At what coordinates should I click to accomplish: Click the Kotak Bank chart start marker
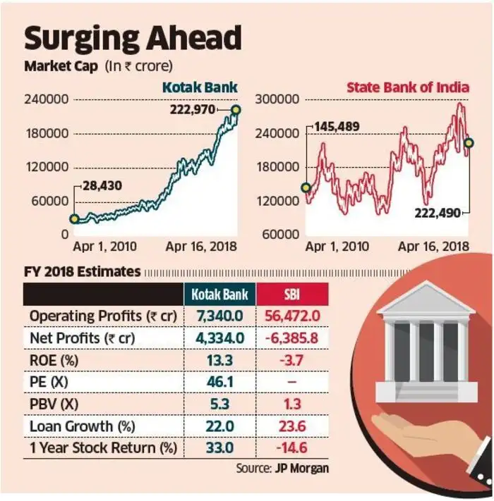click(74, 219)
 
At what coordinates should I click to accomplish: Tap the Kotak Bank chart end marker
click(236, 110)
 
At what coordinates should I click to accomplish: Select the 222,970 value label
click(193, 110)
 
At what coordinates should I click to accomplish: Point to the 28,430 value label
click(102, 185)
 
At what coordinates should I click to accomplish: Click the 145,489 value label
click(337, 127)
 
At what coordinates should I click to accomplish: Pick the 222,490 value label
click(438, 213)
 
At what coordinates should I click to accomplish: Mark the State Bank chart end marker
click(469, 143)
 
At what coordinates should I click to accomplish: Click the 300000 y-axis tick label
click(277, 99)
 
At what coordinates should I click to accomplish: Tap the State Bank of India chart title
click(408, 87)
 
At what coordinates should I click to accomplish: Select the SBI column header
click(292, 295)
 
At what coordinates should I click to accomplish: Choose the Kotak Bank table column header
click(219, 295)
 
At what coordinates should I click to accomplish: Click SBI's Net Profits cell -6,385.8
click(292, 338)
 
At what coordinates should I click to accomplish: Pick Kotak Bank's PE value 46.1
click(219, 382)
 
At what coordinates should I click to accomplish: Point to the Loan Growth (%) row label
click(83, 426)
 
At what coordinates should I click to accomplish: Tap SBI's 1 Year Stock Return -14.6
click(292, 447)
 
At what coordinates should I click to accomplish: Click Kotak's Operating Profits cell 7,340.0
click(219, 316)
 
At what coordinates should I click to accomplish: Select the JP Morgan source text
click(302, 469)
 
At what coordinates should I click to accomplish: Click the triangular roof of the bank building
click(426, 298)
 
